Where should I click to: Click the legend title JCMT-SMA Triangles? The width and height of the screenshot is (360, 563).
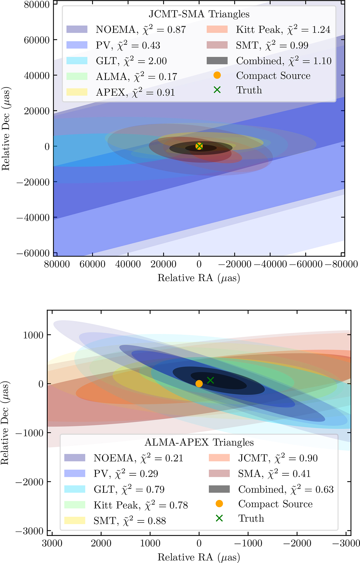coord(199,14)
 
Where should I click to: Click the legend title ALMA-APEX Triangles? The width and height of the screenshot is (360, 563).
coord(199,442)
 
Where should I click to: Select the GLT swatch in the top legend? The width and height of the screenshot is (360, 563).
coord(77,61)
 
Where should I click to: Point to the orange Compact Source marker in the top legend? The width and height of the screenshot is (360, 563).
coord(217,75)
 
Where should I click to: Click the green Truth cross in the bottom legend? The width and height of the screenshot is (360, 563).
coord(219,518)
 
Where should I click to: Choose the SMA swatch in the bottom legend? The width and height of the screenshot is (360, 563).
coord(219,473)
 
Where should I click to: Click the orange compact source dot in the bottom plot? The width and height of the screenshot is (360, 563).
coord(199,384)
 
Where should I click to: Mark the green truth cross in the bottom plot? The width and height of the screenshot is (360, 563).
coord(210,380)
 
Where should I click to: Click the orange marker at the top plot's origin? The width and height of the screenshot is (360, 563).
coord(199,146)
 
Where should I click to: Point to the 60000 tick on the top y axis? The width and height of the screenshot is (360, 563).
coord(37,40)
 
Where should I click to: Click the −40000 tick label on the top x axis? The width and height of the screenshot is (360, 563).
coord(270,264)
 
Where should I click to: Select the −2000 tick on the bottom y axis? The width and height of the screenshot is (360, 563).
coord(29,482)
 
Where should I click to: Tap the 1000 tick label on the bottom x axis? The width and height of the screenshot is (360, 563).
coord(150,543)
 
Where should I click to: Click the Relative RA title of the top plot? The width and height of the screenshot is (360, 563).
coord(199,278)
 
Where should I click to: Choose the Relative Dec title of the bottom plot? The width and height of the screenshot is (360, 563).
coord(5,423)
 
